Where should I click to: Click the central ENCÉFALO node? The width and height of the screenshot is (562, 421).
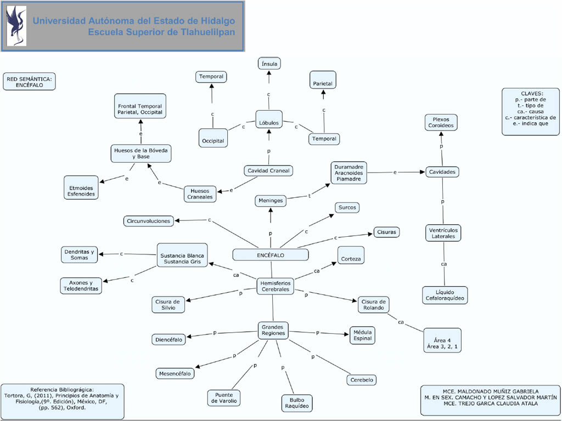pyautogui.click(x=270, y=255)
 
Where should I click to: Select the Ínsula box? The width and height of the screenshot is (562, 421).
pyautogui.click(x=269, y=64)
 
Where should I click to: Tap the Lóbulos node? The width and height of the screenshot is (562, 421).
pyautogui.click(x=269, y=123)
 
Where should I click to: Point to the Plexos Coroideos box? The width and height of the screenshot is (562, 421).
pyautogui.click(x=441, y=122)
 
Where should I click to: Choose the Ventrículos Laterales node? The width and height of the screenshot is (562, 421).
pyautogui.click(x=443, y=233)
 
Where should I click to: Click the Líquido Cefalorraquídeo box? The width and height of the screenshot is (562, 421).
pyautogui.click(x=445, y=295)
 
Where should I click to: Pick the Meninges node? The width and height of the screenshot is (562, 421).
pyautogui.click(x=271, y=201)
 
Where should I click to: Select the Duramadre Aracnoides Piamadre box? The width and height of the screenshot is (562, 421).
pyautogui.click(x=349, y=172)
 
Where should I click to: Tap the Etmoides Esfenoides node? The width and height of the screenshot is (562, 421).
pyautogui.click(x=81, y=187)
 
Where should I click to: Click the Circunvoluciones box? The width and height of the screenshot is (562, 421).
pyautogui.click(x=149, y=221)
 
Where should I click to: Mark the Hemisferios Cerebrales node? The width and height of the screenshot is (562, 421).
pyautogui.click(x=275, y=286)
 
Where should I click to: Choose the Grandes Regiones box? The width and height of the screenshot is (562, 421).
pyautogui.click(x=273, y=330)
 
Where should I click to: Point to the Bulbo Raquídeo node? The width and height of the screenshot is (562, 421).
pyautogui.click(x=297, y=403)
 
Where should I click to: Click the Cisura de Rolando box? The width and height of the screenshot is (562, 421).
pyautogui.click(x=374, y=305)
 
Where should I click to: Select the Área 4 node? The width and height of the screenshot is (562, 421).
pyautogui.click(x=442, y=340)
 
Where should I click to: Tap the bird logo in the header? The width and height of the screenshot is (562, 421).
pyautogui.click(x=16, y=26)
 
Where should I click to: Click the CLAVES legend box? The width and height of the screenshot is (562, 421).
pyautogui.click(x=530, y=111)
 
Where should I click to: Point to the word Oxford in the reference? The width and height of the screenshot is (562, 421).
pyautogui.click(x=74, y=408)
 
